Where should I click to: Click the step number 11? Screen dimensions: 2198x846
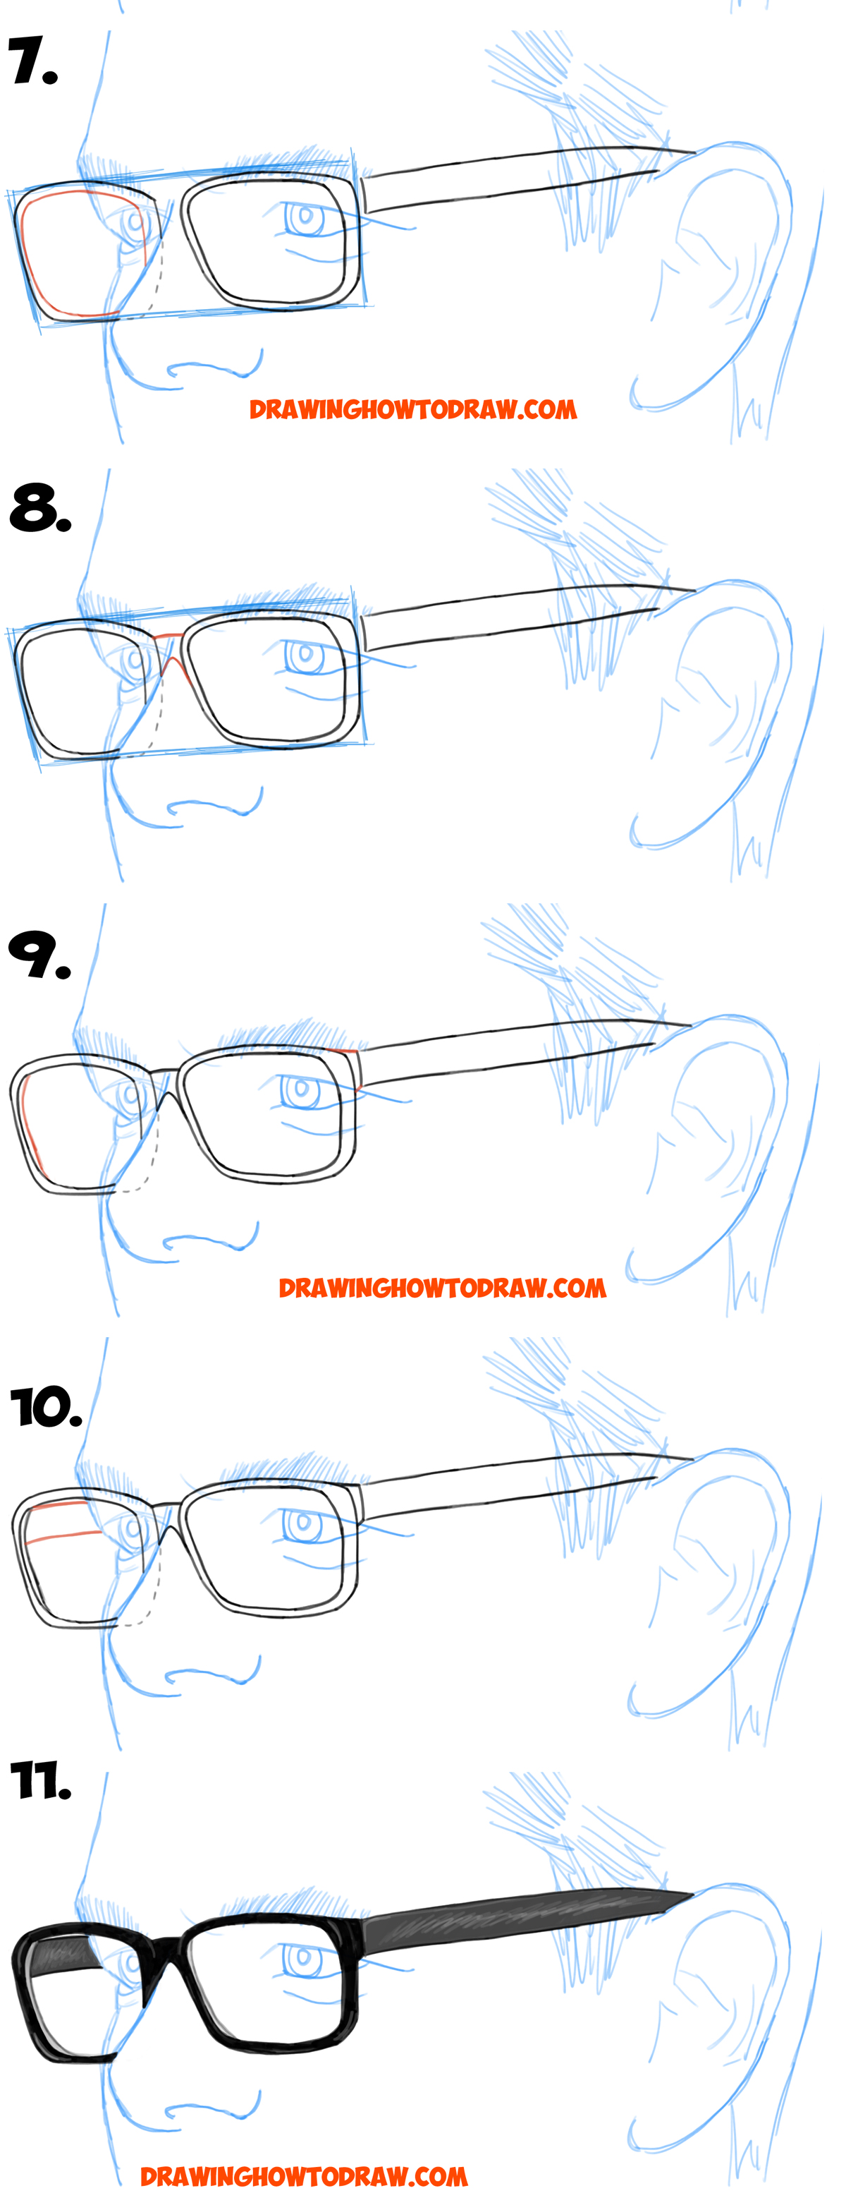click(x=40, y=1782)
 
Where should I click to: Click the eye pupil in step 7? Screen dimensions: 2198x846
click(x=305, y=216)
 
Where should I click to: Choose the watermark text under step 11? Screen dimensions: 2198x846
click(x=304, y=2177)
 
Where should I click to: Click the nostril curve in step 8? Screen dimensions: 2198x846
click(x=213, y=807)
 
